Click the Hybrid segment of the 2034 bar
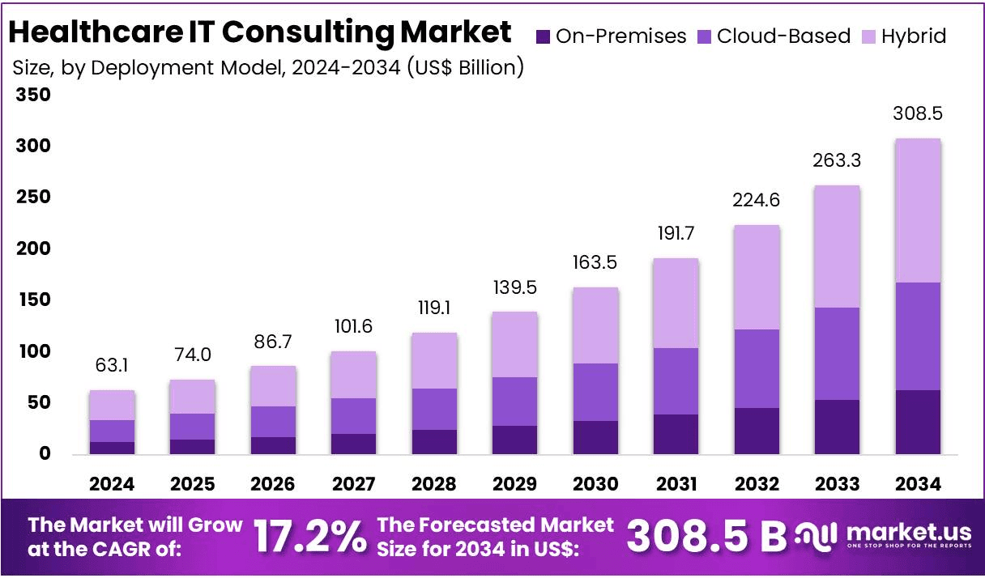click(918, 210)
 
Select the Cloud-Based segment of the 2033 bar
click(837, 354)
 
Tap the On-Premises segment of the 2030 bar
click(595, 437)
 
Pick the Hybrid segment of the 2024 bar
click(112, 405)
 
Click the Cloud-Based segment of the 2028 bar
click(434, 409)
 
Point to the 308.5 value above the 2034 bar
click(918, 113)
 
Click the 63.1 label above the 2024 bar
click(112, 365)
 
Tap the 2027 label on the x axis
click(354, 484)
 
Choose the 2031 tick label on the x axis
click(676, 484)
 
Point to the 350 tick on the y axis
click(33, 95)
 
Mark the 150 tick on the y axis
click(33, 300)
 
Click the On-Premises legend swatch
click(544, 36)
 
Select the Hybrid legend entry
click(914, 36)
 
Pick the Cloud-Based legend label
click(784, 36)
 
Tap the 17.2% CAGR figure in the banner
click(309, 536)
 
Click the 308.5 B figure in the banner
click(706, 536)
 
